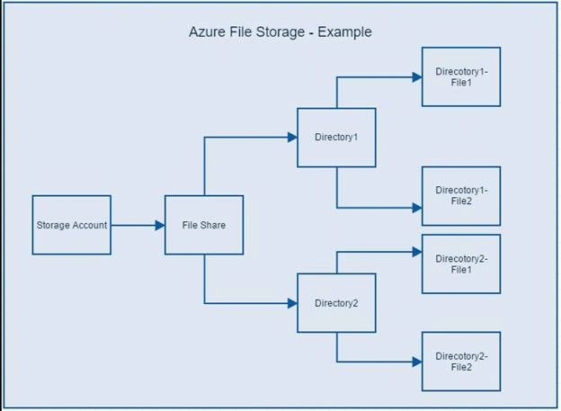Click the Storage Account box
coord(72,225)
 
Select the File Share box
coord(204,225)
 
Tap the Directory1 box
coord(336,138)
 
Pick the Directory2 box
coord(336,303)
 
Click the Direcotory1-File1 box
coord(461,76)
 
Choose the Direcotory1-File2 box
coord(461,196)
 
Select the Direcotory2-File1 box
coord(461,264)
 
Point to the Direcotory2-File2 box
coord(461,362)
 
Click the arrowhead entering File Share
coord(160,225)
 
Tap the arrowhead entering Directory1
coord(292,137)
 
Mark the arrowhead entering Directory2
coord(292,303)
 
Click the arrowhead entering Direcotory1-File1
coord(417,77)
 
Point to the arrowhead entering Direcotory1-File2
coord(417,208)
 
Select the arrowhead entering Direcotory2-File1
coord(417,252)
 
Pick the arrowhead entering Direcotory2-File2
coord(417,362)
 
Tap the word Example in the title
coord(344,32)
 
